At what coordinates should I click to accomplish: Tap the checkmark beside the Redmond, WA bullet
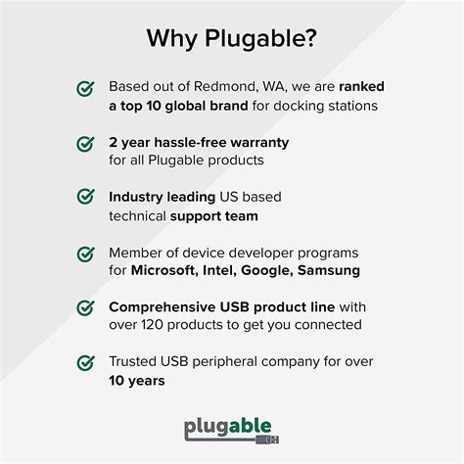click(85, 89)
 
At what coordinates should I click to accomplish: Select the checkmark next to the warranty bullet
click(85, 144)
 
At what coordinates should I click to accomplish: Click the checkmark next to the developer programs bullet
click(85, 254)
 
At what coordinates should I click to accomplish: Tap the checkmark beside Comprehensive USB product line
click(85, 308)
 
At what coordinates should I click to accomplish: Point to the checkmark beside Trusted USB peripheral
click(85, 363)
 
